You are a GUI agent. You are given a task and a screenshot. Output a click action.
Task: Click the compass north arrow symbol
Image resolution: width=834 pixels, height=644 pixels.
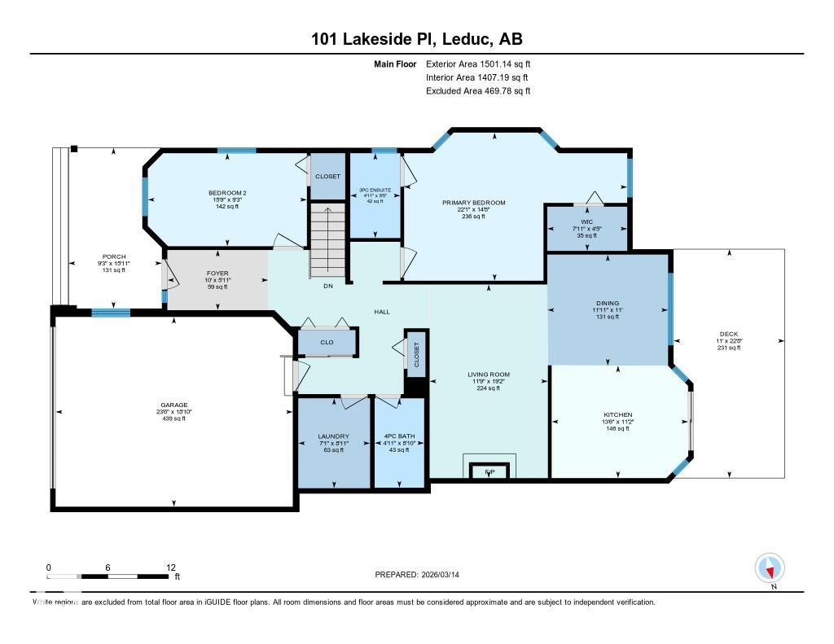click(769, 567)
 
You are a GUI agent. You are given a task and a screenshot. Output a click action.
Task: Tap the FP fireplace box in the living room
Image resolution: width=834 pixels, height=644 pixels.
click(489, 471)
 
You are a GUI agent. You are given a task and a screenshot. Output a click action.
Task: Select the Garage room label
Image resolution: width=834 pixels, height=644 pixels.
click(173, 405)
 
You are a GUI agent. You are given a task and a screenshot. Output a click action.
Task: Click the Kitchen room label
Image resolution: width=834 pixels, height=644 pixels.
click(618, 414)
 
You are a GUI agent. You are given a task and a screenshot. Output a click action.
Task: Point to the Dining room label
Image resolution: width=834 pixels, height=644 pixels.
click(607, 303)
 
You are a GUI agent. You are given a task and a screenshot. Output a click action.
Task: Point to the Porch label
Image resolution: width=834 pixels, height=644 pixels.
click(113, 256)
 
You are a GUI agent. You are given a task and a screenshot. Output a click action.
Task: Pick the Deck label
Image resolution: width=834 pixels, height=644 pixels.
click(728, 334)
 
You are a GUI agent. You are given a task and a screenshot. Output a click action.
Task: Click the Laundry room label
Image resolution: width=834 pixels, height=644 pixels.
click(333, 436)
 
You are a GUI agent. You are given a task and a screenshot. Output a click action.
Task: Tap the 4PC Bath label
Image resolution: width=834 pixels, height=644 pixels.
click(398, 436)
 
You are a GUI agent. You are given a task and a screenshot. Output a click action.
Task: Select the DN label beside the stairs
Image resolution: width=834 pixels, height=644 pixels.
click(328, 286)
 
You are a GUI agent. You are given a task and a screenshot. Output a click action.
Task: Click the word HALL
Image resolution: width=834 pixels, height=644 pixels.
click(382, 311)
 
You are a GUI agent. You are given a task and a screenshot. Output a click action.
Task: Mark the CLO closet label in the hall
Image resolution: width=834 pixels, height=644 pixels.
click(327, 343)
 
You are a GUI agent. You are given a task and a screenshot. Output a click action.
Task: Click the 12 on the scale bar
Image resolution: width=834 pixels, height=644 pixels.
click(171, 567)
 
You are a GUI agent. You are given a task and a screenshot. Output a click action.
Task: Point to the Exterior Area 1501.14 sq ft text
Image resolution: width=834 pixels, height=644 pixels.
click(478, 64)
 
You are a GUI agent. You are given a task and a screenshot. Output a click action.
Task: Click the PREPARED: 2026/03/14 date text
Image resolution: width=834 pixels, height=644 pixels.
click(422, 574)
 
